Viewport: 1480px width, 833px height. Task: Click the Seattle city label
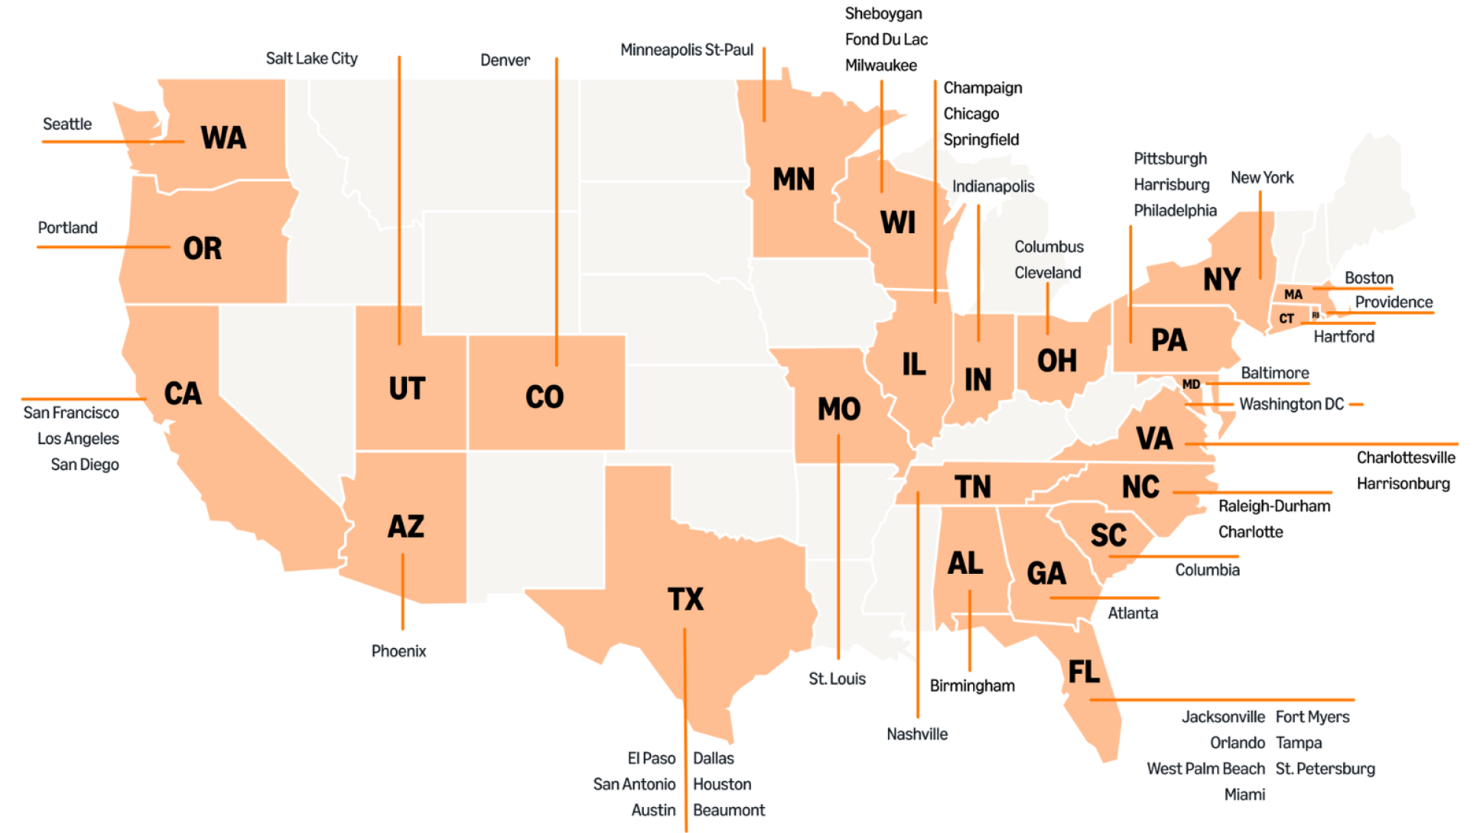coord(67,124)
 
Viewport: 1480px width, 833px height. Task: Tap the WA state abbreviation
coord(223,138)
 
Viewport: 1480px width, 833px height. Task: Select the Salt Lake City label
coord(312,58)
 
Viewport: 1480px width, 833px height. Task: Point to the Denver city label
coord(505,60)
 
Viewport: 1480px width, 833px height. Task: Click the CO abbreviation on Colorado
coord(545,398)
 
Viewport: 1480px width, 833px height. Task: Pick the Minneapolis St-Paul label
coord(686,50)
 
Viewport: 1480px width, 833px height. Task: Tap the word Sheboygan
coord(883,13)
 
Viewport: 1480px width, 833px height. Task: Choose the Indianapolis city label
coord(992,187)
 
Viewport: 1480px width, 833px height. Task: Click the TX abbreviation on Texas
coord(685,599)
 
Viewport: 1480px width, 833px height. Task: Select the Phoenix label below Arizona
coord(398,651)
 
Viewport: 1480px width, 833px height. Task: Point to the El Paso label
coord(651,758)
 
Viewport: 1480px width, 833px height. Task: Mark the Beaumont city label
coord(728,810)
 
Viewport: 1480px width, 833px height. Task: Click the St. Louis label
coord(837,679)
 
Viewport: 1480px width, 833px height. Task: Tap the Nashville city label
coord(917,734)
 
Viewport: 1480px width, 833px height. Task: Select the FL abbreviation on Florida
coord(1083,672)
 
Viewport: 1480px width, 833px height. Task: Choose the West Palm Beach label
coord(1205,769)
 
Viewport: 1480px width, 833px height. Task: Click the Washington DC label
coord(1291,404)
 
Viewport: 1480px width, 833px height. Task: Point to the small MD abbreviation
coord(1191,384)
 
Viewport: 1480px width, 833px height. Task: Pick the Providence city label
coord(1393,302)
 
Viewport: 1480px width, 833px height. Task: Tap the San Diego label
coord(84,464)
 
